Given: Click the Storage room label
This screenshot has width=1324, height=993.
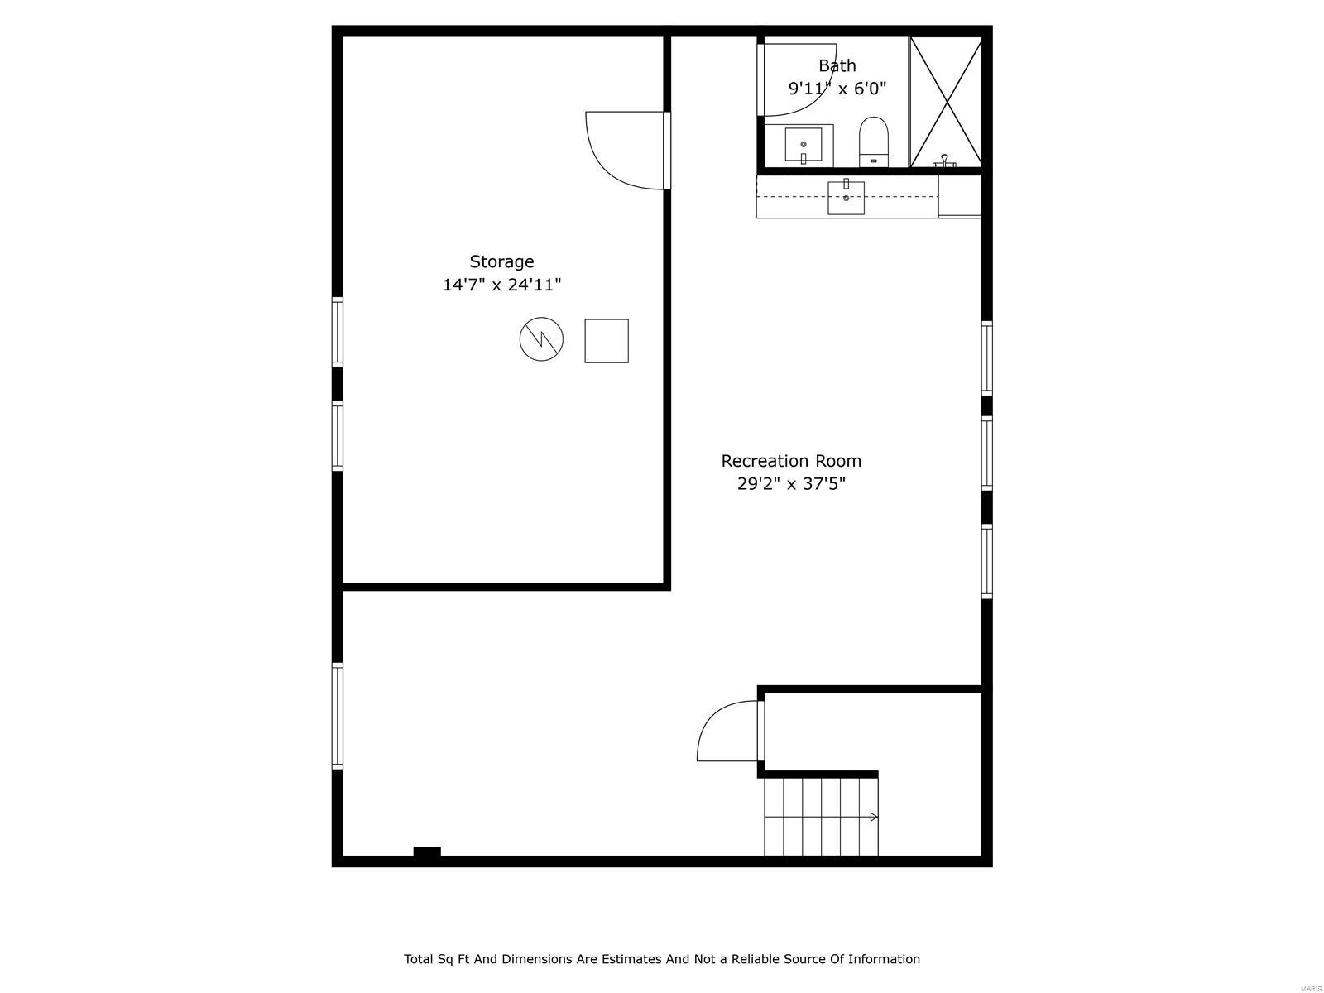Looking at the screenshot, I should (501, 261).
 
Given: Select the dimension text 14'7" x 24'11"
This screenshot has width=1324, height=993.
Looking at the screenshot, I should (501, 285).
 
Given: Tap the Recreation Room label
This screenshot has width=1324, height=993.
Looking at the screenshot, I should (791, 461).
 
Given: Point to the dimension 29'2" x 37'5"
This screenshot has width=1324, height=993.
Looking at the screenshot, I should (791, 483).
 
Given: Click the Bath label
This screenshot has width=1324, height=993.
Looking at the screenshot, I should (837, 65).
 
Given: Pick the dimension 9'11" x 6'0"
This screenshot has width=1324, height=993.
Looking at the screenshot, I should (837, 88).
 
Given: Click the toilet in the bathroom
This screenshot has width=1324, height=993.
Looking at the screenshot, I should (873, 141).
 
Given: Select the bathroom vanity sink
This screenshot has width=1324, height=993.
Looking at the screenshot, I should (803, 146).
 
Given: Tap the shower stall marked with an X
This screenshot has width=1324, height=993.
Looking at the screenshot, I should (946, 101).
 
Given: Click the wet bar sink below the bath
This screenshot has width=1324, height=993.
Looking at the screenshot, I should (846, 197).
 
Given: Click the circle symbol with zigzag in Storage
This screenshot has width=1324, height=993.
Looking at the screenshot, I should (541, 338).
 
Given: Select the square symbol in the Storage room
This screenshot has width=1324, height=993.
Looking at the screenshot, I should (607, 341).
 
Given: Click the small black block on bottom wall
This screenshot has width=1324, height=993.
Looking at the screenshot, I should (427, 851).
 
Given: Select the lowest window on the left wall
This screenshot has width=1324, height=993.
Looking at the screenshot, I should (337, 716).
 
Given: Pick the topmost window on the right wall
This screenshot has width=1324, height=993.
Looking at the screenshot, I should (986, 357).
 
